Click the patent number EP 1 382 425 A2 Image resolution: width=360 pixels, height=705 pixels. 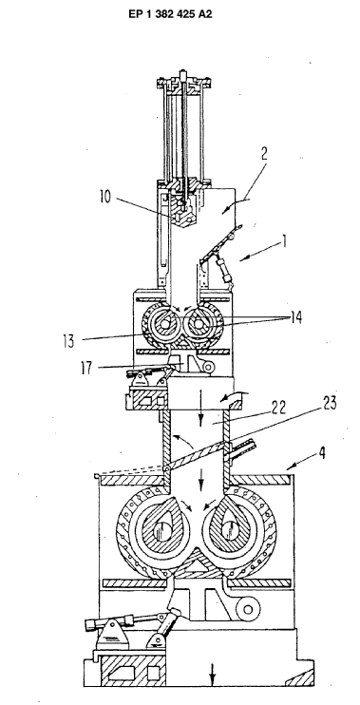tap(170, 14)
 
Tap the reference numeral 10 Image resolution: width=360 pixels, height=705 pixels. tap(105, 198)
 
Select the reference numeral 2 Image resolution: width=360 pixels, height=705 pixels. tap(264, 153)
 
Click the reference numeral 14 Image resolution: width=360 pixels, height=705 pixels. tap(295, 317)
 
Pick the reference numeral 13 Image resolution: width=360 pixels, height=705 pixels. tap(69, 340)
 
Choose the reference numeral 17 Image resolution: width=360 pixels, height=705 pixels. tap(85, 369)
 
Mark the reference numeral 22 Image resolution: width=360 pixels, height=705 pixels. tap(278, 409)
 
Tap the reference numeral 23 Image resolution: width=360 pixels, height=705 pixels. tap(329, 403)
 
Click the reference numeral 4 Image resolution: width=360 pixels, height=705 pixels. tap(321, 453)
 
